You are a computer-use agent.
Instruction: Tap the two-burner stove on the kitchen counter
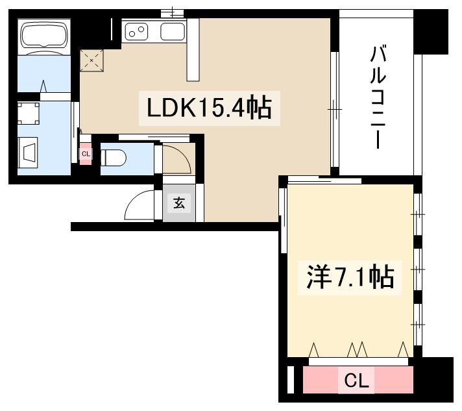(138, 31)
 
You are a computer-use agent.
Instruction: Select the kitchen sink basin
(172, 31)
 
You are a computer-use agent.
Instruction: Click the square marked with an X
(91, 60)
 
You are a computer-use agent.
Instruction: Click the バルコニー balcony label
(376, 97)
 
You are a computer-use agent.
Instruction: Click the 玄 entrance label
(178, 203)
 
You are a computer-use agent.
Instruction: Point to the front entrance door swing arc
(138, 206)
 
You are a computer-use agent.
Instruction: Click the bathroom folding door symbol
(44, 87)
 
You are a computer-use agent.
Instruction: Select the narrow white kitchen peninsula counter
(193, 50)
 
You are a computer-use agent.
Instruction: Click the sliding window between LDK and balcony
(334, 110)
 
